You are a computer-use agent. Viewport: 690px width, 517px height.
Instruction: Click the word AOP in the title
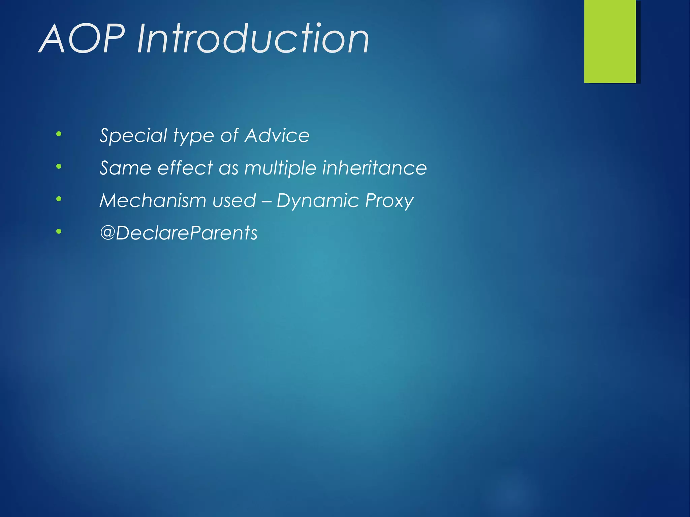pos(83,39)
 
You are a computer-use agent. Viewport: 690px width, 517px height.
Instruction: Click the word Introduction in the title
pos(253,39)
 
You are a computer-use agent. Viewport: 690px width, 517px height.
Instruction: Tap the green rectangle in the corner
pos(610,41)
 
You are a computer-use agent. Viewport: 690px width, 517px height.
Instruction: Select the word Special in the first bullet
pos(133,136)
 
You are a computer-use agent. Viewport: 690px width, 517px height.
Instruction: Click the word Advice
pos(277,136)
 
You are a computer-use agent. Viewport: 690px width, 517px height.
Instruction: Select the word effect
pos(185,168)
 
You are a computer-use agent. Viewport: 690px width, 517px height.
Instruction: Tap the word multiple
pos(280,168)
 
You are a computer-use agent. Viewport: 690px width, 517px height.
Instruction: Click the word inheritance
pos(374,168)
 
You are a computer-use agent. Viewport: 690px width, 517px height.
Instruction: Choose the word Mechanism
pos(153,200)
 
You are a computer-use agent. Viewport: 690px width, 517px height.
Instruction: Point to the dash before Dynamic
pos(266,201)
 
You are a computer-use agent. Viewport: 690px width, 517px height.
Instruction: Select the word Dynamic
pos(318,201)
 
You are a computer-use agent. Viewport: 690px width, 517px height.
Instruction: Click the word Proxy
pos(389,201)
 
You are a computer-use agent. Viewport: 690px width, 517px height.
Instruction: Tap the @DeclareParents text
pos(179,233)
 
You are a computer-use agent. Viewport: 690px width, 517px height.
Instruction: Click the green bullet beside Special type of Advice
pos(59,134)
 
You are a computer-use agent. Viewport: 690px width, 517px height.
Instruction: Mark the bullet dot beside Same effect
pos(59,166)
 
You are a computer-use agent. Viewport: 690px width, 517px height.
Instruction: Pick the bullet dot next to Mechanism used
pos(59,199)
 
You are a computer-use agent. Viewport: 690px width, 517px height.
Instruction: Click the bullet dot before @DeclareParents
pos(59,231)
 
